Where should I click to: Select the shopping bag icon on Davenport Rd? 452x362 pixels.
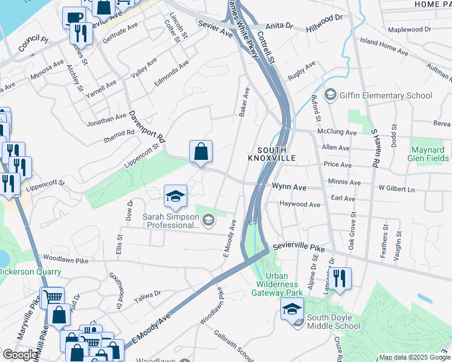click(x=201, y=151)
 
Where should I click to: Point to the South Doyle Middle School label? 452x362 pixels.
click(x=333, y=322)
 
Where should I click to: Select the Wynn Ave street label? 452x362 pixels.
click(x=288, y=188)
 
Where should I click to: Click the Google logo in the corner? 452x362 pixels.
click(x=20, y=355)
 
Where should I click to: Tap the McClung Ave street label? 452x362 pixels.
click(x=337, y=132)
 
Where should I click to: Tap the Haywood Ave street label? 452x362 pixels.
click(x=300, y=205)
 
